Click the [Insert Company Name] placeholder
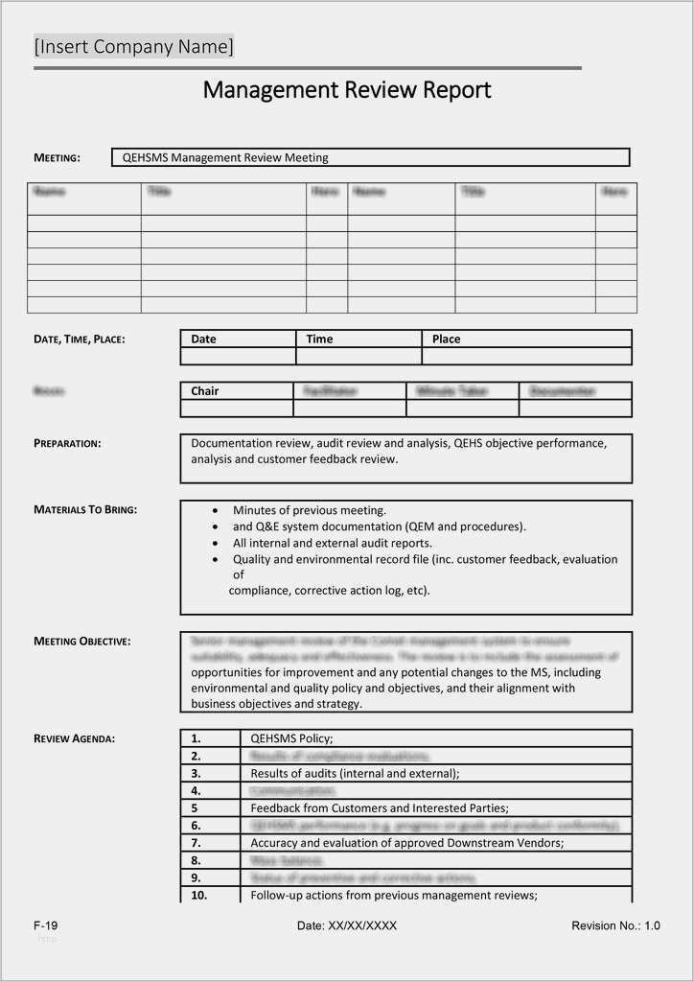point(134,46)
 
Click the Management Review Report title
point(347,90)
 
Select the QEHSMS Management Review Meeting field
point(370,157)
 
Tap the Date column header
point(203,339)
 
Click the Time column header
point(319,339)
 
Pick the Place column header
point(446,339)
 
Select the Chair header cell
point(204,391)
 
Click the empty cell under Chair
point(236,409)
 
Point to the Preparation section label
point(67,443)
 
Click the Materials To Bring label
point(85,509)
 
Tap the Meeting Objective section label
point(82,641)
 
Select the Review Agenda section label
point(74,738)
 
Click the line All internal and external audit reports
point(332,543)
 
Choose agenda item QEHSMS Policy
point(291,738)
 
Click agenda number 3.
point(196,773)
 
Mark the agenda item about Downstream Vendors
point(406,842)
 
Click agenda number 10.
point(199,895)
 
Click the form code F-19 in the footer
point(46,925)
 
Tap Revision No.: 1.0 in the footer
point(615,925)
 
